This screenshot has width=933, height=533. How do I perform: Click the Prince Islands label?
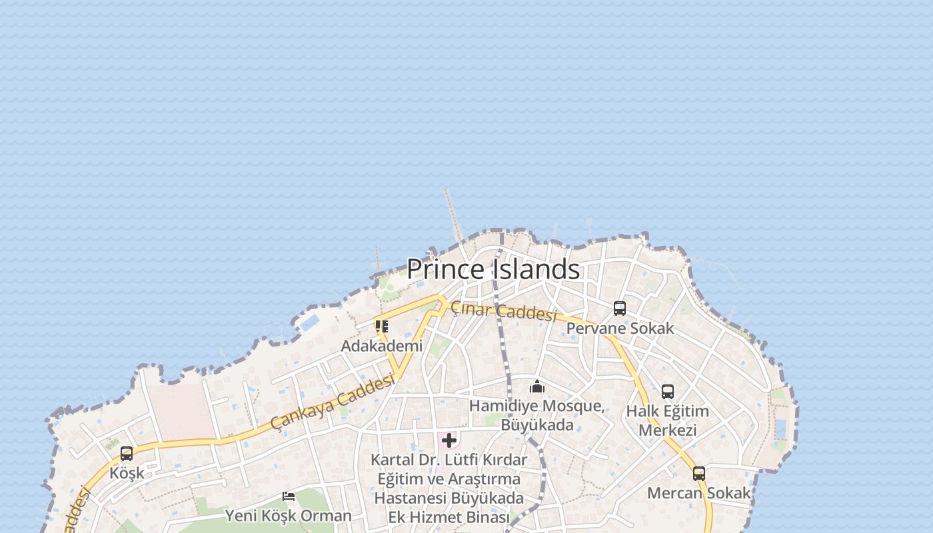[x=493, y=269]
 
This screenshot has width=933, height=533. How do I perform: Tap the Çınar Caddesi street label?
[x=503, y=311]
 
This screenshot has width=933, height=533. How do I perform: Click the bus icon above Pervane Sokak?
[x=620, y=308]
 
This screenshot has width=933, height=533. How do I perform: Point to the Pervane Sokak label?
[x=620, y=328]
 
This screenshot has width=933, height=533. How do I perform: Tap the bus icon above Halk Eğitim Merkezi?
[x=668, y=392]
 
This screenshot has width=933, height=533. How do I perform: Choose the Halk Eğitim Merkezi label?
[x=667, y=420]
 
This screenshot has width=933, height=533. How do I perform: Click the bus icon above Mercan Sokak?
[x=699, y=474]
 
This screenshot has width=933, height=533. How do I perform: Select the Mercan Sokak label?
[x=699, y=494]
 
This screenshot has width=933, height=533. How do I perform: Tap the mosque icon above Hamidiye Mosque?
[x=537, y=386]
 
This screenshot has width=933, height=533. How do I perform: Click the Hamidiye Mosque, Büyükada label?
[x=537, y=415]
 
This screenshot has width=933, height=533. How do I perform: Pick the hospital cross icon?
[x=449, y=440]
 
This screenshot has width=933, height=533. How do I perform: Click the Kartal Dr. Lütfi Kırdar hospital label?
[x=449, y=488]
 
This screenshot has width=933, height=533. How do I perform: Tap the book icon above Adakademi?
[x=381, y=326]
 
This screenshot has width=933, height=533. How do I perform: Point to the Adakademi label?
[x=382, y=346]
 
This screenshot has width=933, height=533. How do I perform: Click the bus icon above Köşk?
[x=127, y=454]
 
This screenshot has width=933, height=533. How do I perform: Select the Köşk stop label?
[x=127, y=474]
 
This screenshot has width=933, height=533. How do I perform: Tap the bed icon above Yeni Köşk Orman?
[x=289, y=496]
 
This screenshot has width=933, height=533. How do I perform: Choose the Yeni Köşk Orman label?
[x=288, y=516]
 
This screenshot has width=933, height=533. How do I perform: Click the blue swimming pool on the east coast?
[x=780, y=429]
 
